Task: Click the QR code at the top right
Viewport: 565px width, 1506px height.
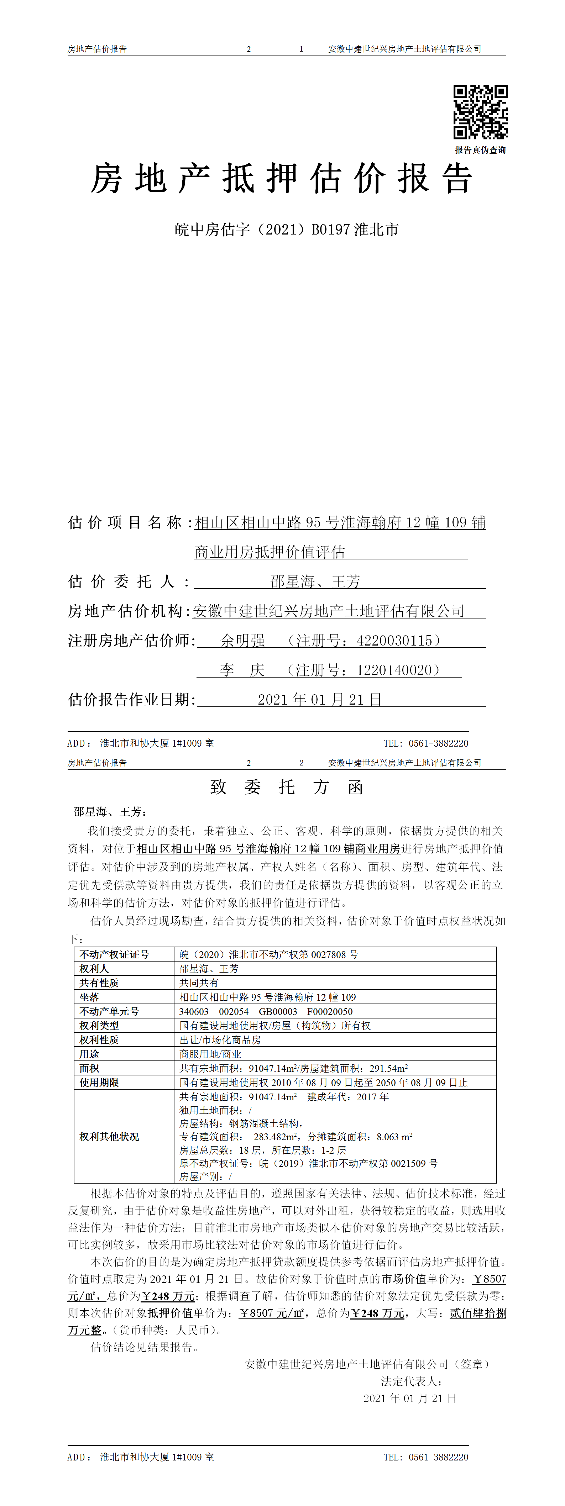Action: click(x=480, y=112)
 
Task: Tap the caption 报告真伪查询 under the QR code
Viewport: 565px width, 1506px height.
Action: click(x=480, y=150)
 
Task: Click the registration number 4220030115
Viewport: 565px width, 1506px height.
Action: click(x=394, y=641)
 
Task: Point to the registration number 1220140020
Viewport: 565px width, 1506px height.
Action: click(x=394, y=670)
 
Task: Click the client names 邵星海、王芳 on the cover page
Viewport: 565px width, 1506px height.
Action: click(x=315, y=582)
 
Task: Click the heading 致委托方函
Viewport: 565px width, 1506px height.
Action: click(x=287, y=788)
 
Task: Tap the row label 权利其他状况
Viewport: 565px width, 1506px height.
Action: click(x=109, y=1137)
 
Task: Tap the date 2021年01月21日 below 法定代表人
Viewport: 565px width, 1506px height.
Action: click(x=409, y=1399)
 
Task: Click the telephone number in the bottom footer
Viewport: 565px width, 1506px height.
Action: click(x=426, y=1457)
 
